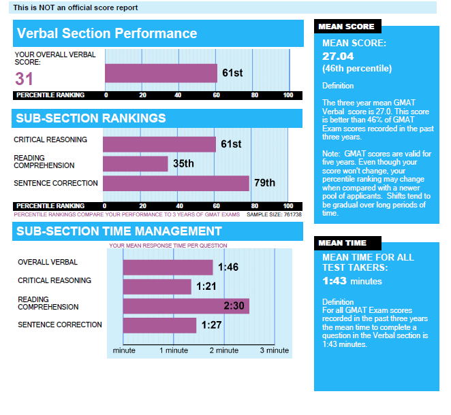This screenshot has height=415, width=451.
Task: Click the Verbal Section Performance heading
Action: tap(107, 33)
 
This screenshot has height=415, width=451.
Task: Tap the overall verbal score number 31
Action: tap(24, 78)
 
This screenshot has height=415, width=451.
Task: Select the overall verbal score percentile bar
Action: tap(161, 73)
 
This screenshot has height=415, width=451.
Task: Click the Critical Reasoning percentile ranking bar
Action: tap(159, 144)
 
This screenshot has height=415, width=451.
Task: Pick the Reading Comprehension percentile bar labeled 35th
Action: tap(135, 164)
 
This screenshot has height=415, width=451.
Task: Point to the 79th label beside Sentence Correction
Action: tap(265, 183)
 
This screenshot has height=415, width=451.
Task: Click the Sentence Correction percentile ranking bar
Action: tap(176, 183)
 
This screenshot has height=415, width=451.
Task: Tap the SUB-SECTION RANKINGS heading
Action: tap(91, 118)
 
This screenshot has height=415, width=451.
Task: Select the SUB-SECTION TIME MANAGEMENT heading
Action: tap(119, 231)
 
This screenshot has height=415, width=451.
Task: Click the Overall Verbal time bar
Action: tap(168, 267)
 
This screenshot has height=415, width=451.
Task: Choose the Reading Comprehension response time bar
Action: tap(185, 306)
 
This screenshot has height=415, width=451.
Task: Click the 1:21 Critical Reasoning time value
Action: tap(206, 287)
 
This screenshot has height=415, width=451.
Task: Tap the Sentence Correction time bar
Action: tap(159, 325)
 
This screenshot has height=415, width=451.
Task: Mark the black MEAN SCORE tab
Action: tap(347, 27)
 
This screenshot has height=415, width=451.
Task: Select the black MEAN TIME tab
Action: tap(343, 243)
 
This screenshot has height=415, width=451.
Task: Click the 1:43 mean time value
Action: tap(335, 280)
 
